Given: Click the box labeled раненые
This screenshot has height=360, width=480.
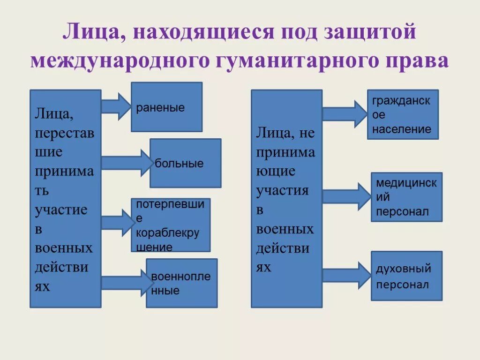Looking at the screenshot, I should pyautogui.click(x=166, y=107).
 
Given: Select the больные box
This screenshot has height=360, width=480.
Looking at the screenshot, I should pyautogui.click(x=185, y=163).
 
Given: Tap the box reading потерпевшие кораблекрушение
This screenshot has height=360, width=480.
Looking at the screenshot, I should pyautogui.click(x=171, y=225).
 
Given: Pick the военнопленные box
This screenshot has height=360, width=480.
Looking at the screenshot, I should pyautogui.click(x=182, y=283).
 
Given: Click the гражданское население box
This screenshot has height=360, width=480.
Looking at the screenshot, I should pyautogui.click(x=403, y=115).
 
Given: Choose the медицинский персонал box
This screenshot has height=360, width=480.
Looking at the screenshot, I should pyautogui.click(x=406, y=197).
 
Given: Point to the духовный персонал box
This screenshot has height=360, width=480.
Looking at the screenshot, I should pyautogui.click(x=406, y=276).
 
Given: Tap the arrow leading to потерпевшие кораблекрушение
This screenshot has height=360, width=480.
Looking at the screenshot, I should pyautogui.click(x=118, y=223).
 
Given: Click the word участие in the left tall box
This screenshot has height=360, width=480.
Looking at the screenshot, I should pyautogui.click(x=61, y=210).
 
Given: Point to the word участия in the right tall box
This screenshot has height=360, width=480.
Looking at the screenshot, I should pyautogui.click(x=282, y=190).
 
